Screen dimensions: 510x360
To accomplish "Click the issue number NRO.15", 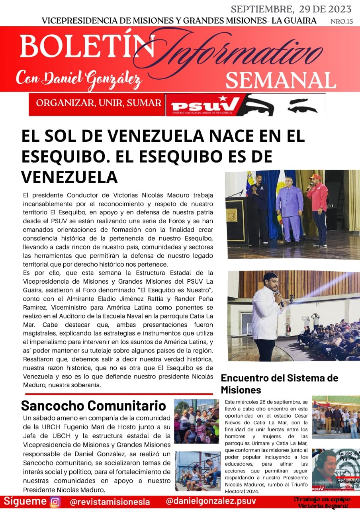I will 341,22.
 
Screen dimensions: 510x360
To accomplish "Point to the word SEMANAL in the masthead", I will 280,80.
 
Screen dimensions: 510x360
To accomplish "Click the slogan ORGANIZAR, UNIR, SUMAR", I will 99,103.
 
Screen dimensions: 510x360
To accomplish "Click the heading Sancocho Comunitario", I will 93,406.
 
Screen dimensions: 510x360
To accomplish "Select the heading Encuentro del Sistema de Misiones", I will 279,383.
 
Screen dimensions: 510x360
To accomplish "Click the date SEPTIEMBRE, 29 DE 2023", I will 291,9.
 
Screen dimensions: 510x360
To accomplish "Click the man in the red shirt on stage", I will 318,207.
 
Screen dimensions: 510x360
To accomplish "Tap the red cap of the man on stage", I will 315,177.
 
